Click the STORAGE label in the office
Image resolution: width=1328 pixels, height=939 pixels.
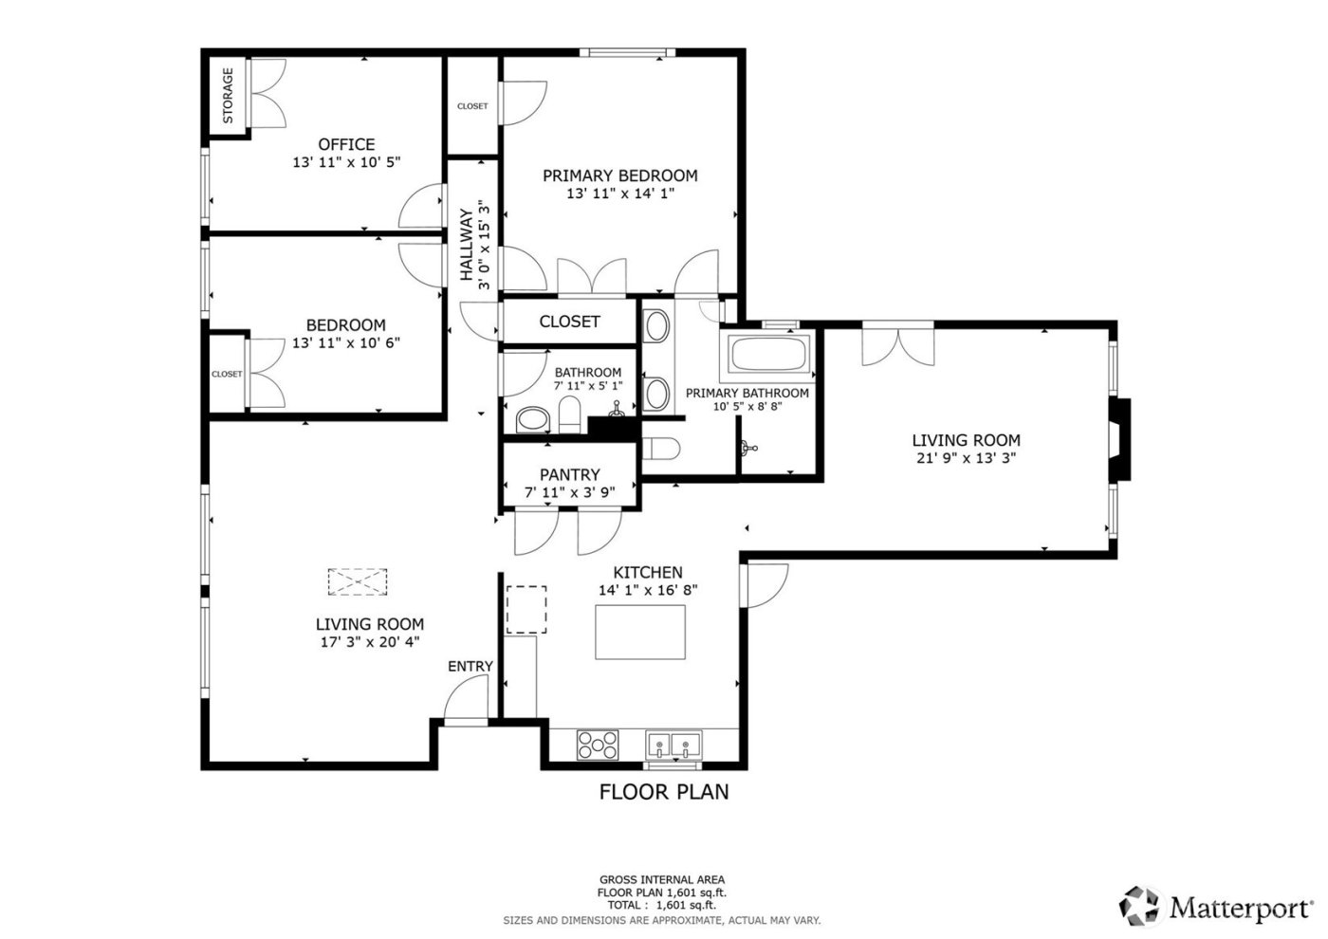click(x=228, y=96)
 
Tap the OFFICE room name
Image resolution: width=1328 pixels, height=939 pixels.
click(x=346, y=144)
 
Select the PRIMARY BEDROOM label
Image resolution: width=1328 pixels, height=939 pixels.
click(x=619, y=175)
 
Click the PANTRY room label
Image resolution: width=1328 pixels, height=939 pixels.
click(x=569, y=474)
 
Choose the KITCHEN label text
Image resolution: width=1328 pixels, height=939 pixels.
click(x=648, y=572)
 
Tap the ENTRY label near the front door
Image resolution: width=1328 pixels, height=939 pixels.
click(x=470, y=666)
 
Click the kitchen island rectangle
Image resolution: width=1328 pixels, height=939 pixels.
click(x=640, y=632)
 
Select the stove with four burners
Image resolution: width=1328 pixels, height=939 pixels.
click(x=598, y=745)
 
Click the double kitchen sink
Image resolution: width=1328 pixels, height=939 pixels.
click(x=673, y=745)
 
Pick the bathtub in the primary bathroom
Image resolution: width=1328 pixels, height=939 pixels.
click(x=768, y=355)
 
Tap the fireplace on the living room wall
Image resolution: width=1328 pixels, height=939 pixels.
click(x=1120, y=441)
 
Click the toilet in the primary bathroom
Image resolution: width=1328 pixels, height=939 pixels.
click(x=660, y=449)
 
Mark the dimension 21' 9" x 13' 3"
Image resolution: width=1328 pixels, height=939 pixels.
click(x=966, y=457)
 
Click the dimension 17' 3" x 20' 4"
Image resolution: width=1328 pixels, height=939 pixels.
click(x=369, y=641)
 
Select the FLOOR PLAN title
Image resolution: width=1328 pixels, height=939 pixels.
click(x=664, y=791)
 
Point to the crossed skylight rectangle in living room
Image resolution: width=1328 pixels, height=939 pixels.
click(x=358, y=581)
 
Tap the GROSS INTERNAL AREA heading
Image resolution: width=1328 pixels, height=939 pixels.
click(x=661, y=880)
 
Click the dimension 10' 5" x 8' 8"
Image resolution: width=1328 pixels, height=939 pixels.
click(x=747, y=407)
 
